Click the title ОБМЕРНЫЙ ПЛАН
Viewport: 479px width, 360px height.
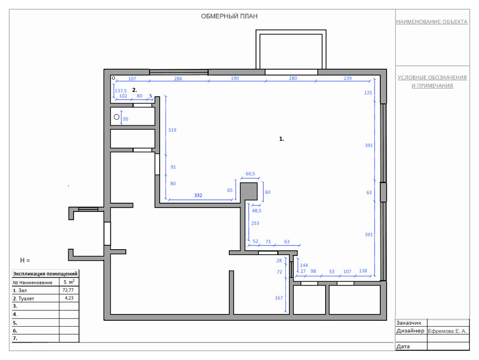click(229, 16)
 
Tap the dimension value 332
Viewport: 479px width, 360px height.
click(198, 195)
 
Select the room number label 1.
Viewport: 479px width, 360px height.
click(282, 139)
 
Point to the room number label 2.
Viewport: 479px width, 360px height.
click(135, 90)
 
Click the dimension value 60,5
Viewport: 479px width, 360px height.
click(250, 174)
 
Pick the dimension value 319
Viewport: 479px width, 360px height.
click(172, 130)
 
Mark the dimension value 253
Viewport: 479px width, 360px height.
click(255, 224)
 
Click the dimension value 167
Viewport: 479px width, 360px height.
click(279, 298)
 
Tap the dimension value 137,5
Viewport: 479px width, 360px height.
click(120, 91)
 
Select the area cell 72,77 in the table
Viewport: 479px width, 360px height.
click(68, 290)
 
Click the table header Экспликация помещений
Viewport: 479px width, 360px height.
click(45, 274)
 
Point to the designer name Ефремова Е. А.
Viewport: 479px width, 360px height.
click(447, 331)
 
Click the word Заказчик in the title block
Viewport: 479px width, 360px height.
click(409, 323)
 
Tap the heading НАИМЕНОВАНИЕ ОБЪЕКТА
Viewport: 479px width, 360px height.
click(432, 22)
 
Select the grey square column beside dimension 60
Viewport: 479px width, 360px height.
click(249, 192)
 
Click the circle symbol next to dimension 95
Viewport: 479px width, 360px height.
click(117, 117)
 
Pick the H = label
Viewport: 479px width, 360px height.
click(25, 260)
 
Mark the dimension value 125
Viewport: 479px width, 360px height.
click(368, 92)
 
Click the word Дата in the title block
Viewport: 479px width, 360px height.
click(403, 346)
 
